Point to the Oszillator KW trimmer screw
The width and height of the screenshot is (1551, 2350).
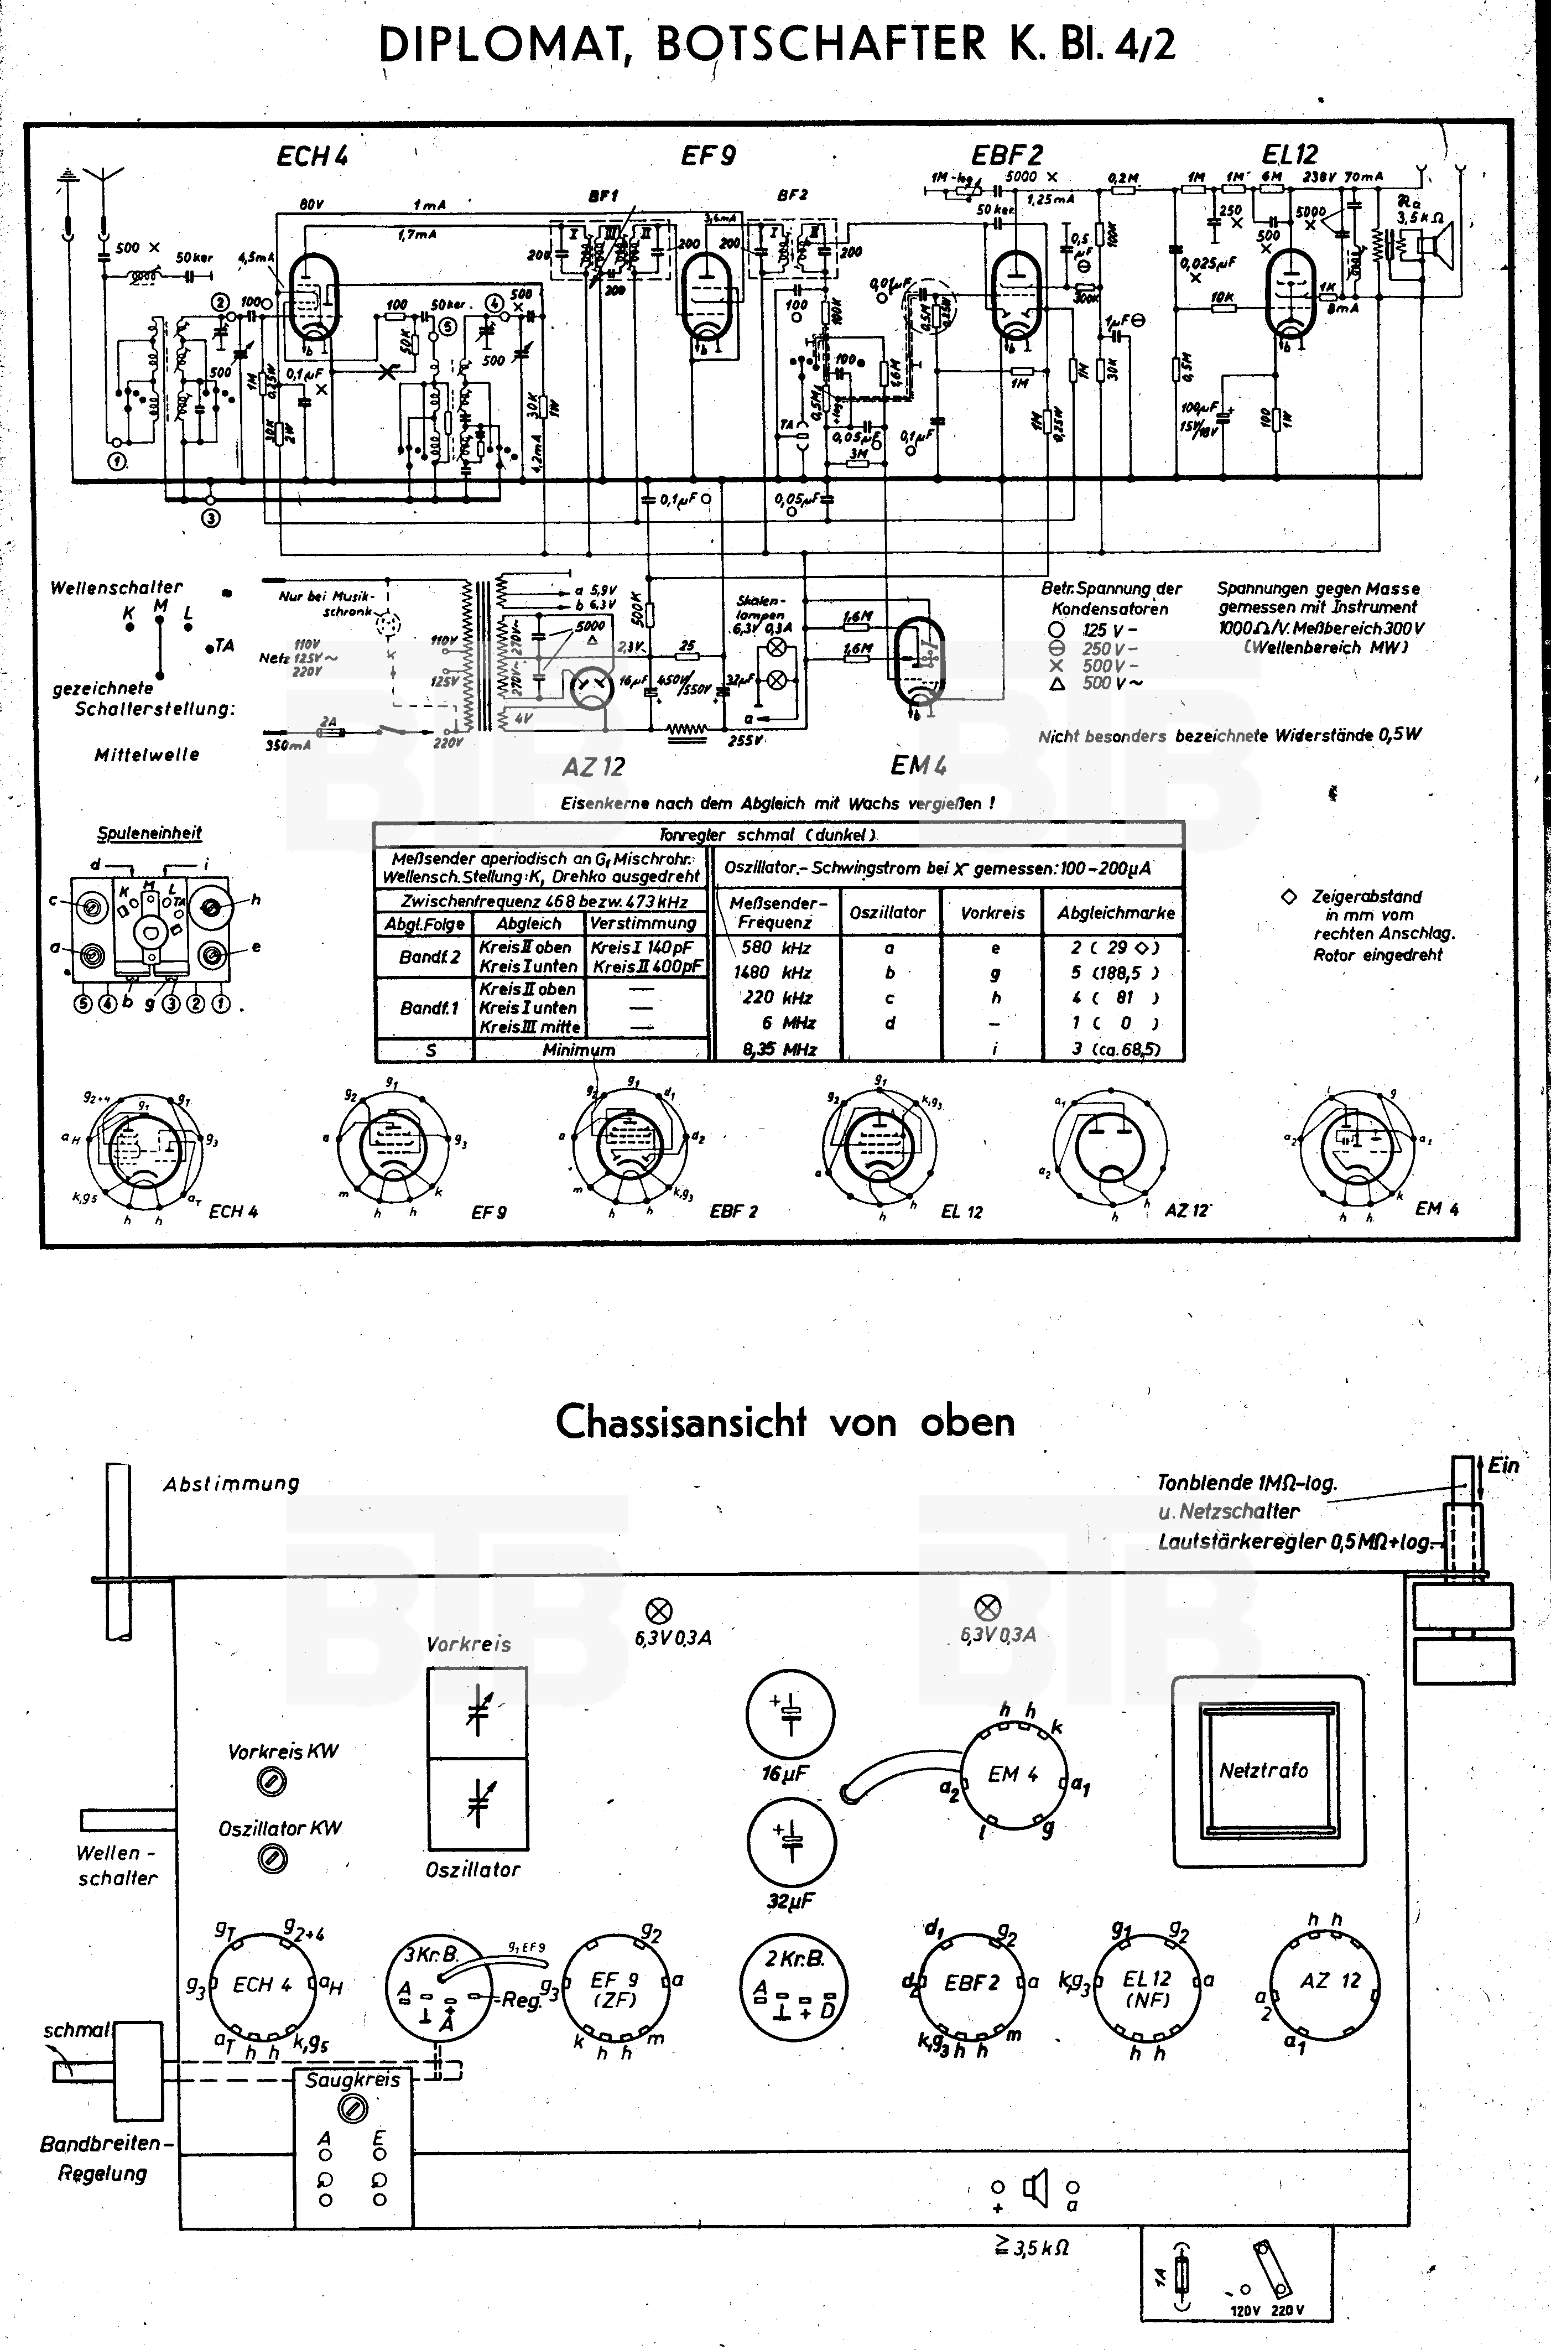tap(271, 1860)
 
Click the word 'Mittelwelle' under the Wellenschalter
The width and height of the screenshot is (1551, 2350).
tap(147, 755)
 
